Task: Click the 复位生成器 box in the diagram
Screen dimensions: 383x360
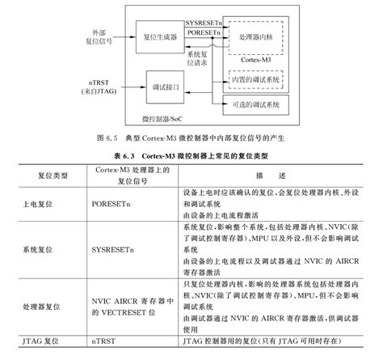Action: coord(162,38)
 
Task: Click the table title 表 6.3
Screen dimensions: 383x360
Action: coord(191,154)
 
